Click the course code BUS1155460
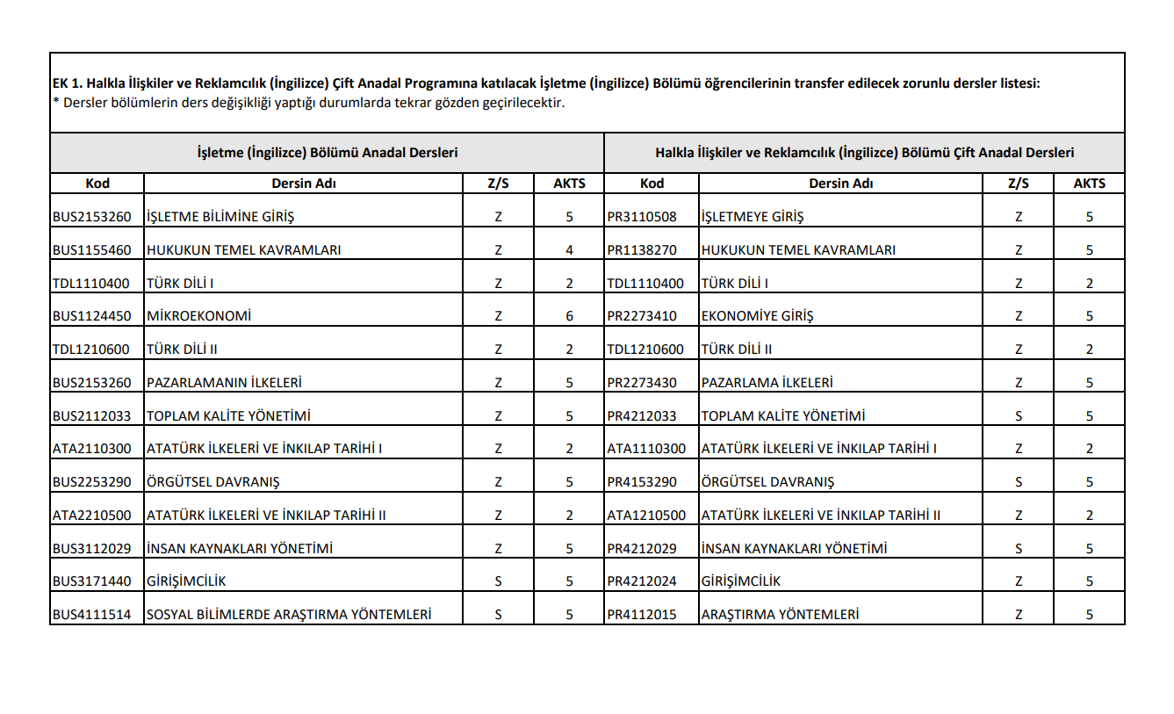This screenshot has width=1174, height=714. [x=91, y=249]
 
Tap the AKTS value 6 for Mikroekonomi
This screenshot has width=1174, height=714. [x=569, y=316]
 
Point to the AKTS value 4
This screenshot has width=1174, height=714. [x=569, y=249]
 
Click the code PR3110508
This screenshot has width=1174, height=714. [x=642, y=217]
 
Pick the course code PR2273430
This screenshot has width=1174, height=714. [x=642, y=382]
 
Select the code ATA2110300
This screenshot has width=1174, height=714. [x=91, y=449]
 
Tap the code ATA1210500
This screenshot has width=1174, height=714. [x=646, y=516]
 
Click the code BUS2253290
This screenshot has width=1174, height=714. [x=91, y=482]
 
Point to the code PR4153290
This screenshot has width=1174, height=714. [x=642, y=482]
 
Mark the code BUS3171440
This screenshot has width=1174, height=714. [x=91, y=581]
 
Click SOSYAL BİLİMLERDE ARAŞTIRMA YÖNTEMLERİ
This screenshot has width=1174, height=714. [x=289, y=615]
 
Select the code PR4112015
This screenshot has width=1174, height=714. [x=642, y=615]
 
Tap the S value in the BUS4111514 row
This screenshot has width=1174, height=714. [x=498, y=615]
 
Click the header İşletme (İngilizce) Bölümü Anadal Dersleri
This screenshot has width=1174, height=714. [x=328, y=153]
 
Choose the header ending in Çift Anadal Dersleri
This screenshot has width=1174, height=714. [x=864, y=153]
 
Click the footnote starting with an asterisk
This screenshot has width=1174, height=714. [x=307, y=102]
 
